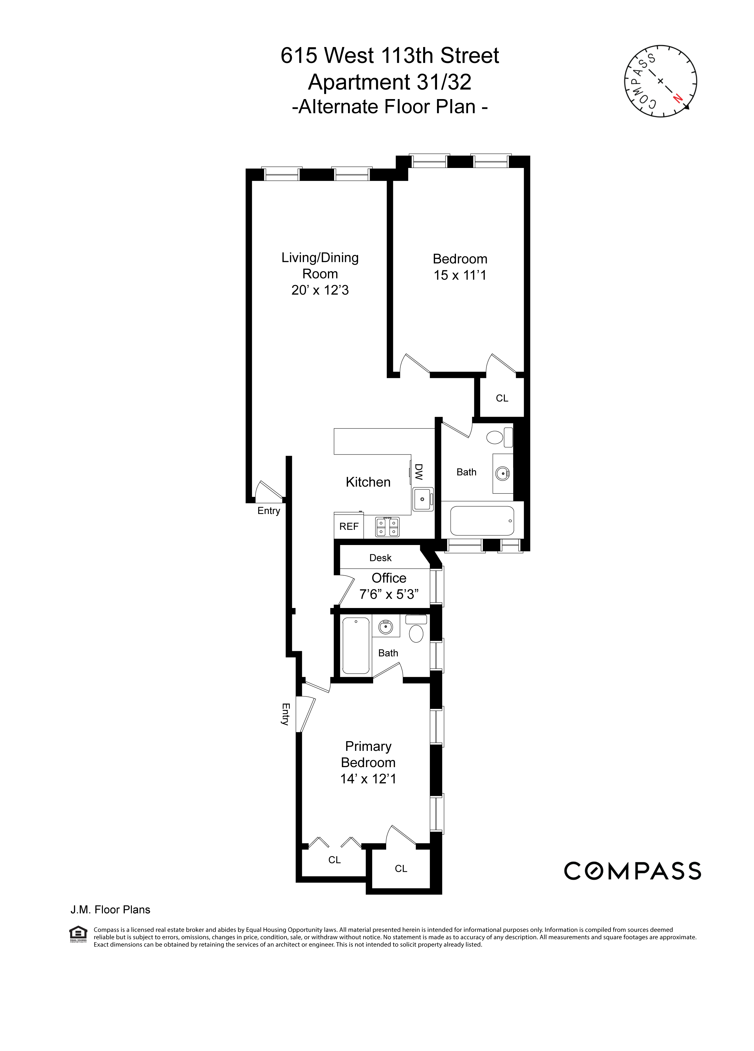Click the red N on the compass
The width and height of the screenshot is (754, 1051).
click(x=677, y=98)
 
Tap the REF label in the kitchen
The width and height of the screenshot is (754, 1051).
click(x=349, y=526)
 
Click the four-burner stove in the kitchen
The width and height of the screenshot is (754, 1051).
click(x=387, y=527)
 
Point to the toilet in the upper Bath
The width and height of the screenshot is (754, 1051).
click(x=495, y=437)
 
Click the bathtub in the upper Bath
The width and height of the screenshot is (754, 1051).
click(x=482, y=521)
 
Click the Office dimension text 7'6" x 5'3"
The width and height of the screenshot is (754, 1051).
click(x=389, y=594)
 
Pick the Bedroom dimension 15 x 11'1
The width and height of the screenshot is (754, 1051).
click(x=460, y=275)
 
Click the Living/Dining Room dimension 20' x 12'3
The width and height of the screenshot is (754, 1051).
click(x=320, y=290)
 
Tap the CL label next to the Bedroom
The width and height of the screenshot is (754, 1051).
click(x=502, y=398)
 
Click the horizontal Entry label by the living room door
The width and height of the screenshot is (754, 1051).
click(x=269, y=511)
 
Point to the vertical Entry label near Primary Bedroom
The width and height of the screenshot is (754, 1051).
click(x=285, y=714)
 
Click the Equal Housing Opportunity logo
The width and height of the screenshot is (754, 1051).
click(x=78, y=934)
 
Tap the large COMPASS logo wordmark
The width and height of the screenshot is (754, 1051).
click(x=632, y=871)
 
